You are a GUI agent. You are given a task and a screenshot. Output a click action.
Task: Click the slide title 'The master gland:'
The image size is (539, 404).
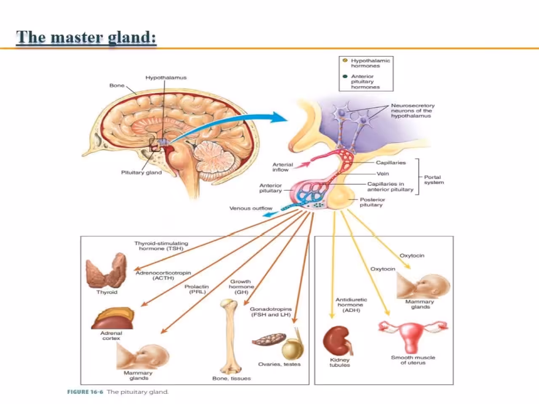click(x=86, y=37)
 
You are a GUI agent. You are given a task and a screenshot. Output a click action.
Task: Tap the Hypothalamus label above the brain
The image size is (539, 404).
click(x=166, y=78)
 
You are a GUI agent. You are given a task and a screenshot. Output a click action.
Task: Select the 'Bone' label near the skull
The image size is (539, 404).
click(x=117, y=85)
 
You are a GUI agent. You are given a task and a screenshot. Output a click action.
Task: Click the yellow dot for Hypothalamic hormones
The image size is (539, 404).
click(x=345, y=61)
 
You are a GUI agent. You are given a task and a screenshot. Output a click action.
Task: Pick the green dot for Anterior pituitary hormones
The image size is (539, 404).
click(x=345, y=77)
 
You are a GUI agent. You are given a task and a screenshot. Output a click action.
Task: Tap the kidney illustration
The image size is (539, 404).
click(x=337, y=340)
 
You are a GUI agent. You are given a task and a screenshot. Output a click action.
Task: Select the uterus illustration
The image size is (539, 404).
click(x=412, y=335)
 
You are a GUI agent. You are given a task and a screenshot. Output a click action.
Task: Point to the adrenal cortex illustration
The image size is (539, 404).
click(x=113, y=319)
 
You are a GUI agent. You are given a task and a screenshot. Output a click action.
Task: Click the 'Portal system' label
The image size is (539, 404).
click(x=434, y=180)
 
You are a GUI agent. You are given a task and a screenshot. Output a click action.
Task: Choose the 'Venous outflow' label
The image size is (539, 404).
click(x=251, y=208)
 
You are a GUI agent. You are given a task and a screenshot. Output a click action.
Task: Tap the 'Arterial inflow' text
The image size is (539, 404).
click(x=282, y=167)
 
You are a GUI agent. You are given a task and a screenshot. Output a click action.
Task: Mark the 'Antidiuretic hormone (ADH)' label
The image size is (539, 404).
click(x=351, y=305)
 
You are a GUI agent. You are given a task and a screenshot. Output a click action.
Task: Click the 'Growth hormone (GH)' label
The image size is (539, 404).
click(x=241, y=287)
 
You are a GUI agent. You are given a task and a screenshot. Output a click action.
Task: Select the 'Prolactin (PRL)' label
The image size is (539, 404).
click(x=197, y=289)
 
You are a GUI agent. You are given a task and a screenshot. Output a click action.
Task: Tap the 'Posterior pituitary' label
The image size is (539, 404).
click(x=372, y=202)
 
